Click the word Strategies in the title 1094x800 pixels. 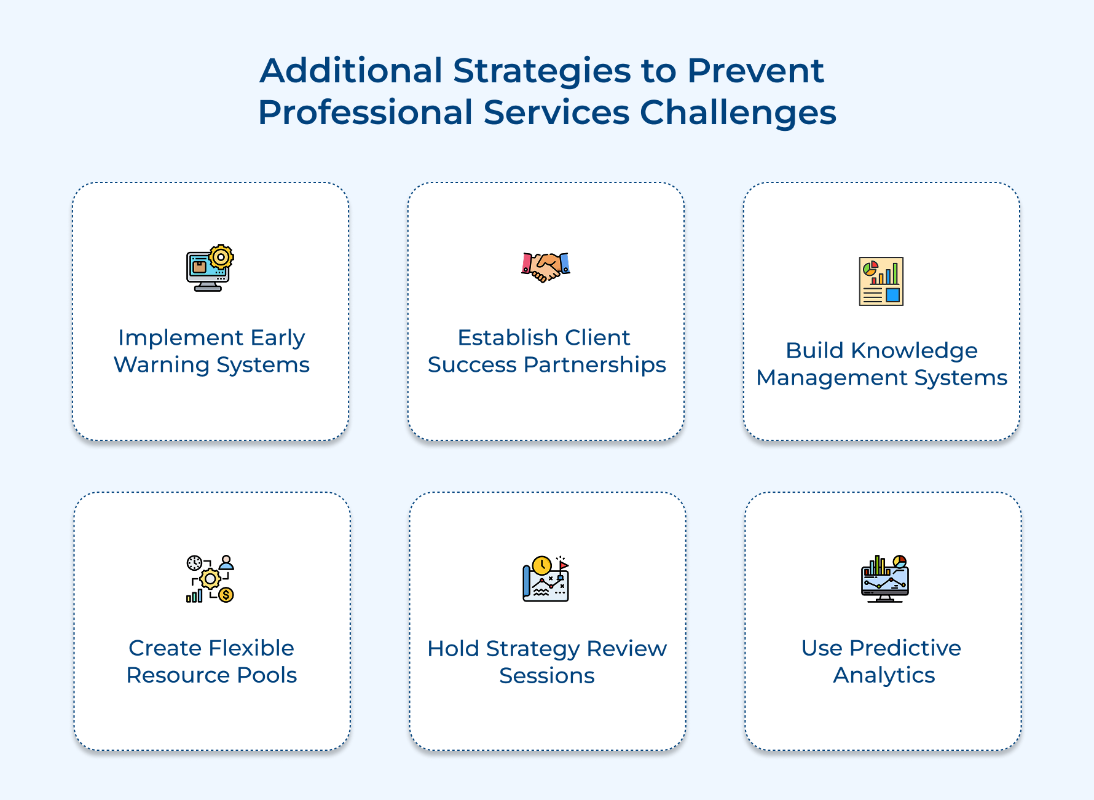click(541, 71)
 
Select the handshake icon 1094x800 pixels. click(546, 267)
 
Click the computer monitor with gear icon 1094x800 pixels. click(210, 268)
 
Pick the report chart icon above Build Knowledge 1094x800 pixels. click(881, 281)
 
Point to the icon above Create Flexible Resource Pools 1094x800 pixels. click(210, 579)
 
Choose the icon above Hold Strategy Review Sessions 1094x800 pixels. click(546, 579)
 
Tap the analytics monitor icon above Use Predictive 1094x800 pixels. click(884, 579)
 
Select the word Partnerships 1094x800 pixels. click(594, 365)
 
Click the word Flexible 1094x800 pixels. click(251, 648)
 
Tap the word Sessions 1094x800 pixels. click(546, 676)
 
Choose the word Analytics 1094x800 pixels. click(884, 675)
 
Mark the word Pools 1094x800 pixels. click(267, 675)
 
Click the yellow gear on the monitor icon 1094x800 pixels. click(221, 257)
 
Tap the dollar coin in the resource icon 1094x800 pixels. click(226, 595)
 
